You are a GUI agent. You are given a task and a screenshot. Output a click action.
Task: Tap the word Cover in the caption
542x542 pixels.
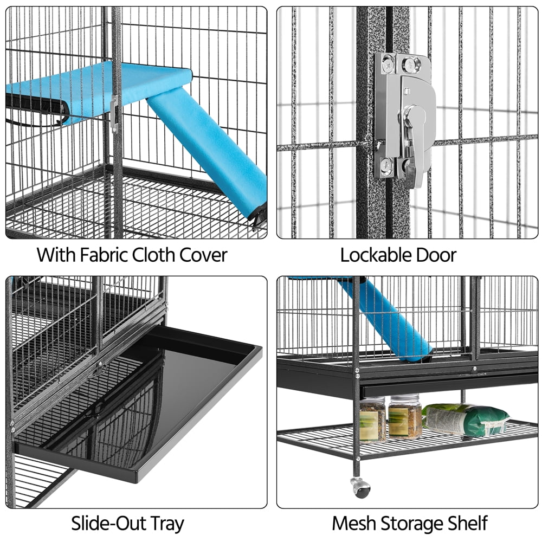(201, 255)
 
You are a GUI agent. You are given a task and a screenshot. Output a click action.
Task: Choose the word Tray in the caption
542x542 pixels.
(166, 524)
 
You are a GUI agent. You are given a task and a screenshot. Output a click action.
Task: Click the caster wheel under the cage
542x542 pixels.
(360, 487)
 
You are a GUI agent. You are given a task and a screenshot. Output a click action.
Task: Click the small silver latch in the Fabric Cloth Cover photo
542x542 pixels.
(113, 114)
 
